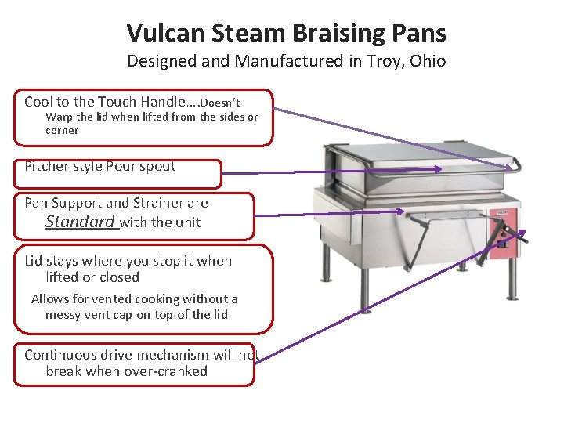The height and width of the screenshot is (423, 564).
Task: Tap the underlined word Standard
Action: click(x=81, y=222)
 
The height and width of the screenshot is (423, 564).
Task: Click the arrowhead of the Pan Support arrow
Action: click(x=401, y=211)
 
